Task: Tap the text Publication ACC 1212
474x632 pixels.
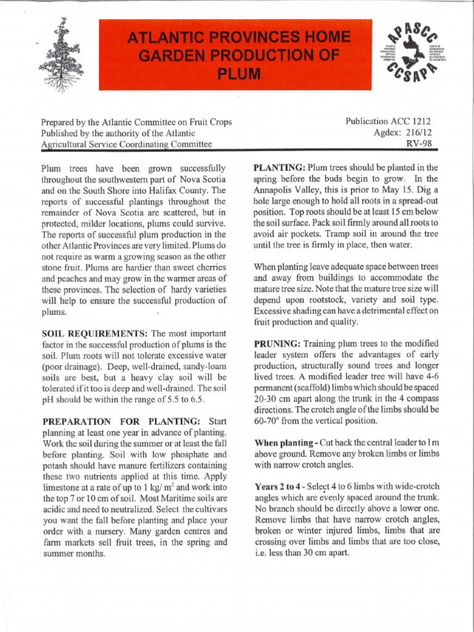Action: [x=389, y=122]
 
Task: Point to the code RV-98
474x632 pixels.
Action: [x=418, y=144]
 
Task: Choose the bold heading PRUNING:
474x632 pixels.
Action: [x=276, y=343]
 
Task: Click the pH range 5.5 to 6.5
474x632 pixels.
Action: [x=196, y=399]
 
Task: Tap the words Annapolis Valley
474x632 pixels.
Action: [x=287, y=189]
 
